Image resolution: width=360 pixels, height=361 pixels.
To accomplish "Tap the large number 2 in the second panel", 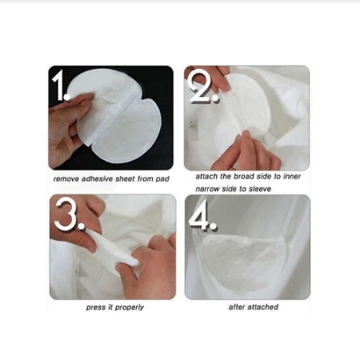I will (205, 89).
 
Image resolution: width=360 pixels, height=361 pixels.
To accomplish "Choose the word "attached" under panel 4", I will (265, 307).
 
